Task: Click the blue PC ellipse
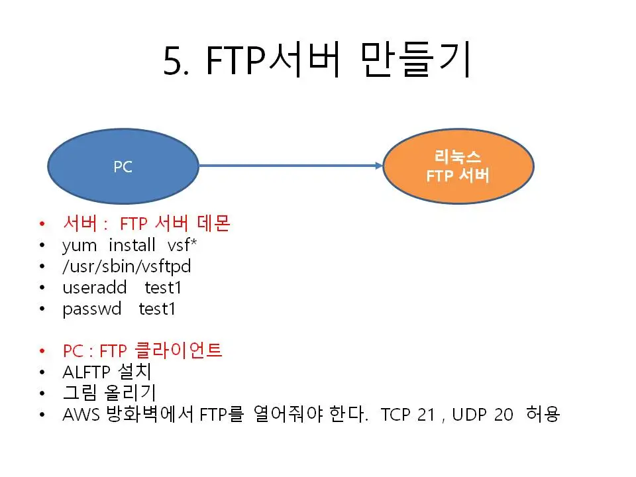(x=123, y=166)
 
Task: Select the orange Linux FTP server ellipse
(x=458, y=166)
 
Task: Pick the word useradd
(x=94, y=288)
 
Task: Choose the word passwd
(x=91, y=309)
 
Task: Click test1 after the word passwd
(x=157, y=309)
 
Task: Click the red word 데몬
(x=213, y=225)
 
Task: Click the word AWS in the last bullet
(x=81, y=415)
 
